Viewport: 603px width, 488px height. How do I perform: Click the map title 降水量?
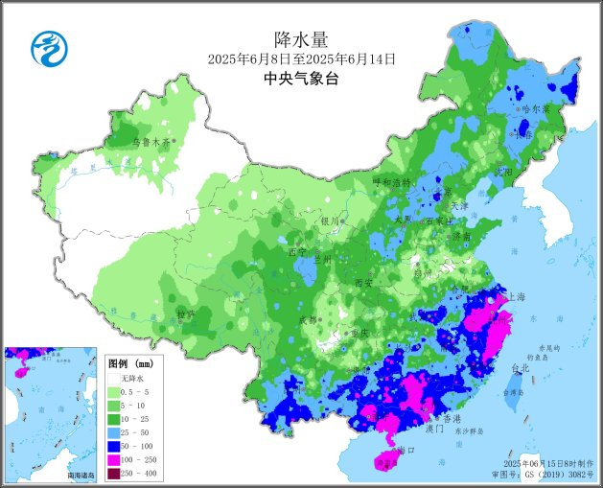pyautogui.click(x=301, y=39)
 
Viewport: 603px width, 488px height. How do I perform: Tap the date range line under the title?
pyautogui.click(x=301, y=59)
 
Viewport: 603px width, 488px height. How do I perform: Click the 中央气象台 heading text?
pyautogui.click(x=301, y=80)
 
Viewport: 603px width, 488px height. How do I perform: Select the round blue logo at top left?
pyautogui.click(x=45, y=49)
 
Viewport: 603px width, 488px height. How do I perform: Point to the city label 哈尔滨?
pyautogui.click(x=535, y=109)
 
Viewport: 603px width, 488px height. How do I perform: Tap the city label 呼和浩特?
pyautogui.click(x=391, y=181)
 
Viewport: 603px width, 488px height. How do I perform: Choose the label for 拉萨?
pyautogui.click(x=185, y=314)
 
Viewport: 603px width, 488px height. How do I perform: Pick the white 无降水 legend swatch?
pyautogui.click(x=112, y=379)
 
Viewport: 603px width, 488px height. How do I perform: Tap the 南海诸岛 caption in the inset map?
pyautogui.click(x=81, y=475)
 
